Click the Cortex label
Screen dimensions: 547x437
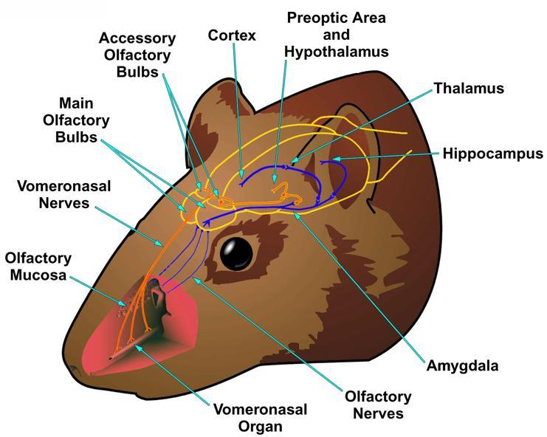pyautogui.click(x=232, y=35)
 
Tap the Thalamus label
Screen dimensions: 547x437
pyautogui.click(x=469, y=89)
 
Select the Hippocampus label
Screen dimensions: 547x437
pyautogui.click(x=493, y=154)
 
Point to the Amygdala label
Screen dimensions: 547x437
pyautogui.click(x=463, y=366)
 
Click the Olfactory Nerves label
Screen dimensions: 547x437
pyautogui.click(x=378, y=405)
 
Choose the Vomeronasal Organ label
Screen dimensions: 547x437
pyautogui.click(x=261, y=418)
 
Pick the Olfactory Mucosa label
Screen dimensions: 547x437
pyautogui.click(x=38, y=266)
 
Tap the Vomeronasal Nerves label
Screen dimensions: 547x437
pyautogui.click(x=63, y=194)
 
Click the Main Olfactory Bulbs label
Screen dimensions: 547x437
pyautogui.click(x=76, y=120)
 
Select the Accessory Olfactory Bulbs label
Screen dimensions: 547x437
pyautogui.click(x=137, y=55)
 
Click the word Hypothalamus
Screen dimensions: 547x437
pyautogui.click(x=337, y=52)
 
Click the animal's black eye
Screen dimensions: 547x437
pyautogui.click(x=236, y=253)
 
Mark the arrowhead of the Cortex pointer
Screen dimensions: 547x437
pyautogui.click(x=241, y=174)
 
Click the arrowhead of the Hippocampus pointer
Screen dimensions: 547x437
pyautogui.click(x=335, y=159)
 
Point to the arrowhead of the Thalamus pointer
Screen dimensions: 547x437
pyautogui.click(x=295, y=160)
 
